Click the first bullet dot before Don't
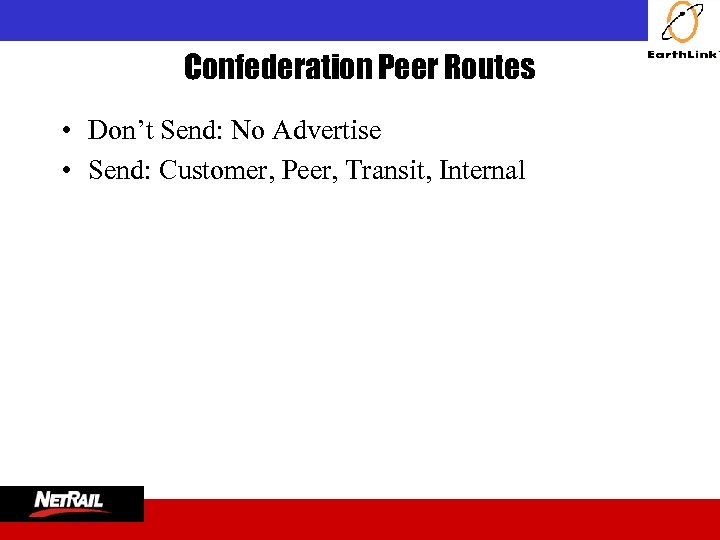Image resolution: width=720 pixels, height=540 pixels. [63, 131]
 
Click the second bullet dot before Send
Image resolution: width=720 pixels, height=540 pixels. [63, 171]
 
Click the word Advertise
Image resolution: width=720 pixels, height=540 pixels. [327, 130]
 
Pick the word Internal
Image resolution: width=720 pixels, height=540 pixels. [482, 171]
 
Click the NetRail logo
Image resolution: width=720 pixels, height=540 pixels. [72, 503]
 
